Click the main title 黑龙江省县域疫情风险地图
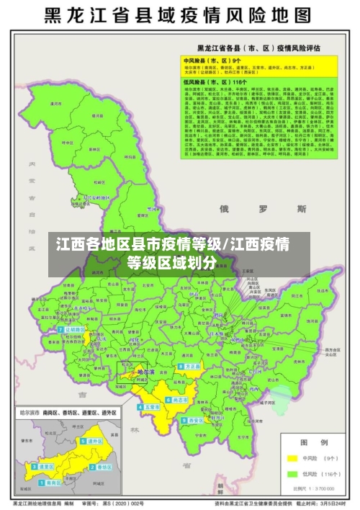[179, 15]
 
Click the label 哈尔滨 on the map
[147, 372]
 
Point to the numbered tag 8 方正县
[191, 367]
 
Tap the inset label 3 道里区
[45, 466]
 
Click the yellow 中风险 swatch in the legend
[292, 457]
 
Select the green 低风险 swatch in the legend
[292, 474]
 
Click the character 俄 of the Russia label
[224, 209]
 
